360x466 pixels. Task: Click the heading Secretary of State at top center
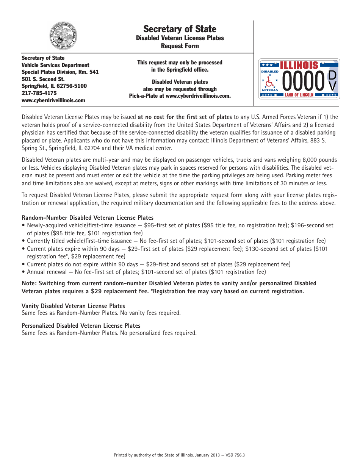click(180, 29)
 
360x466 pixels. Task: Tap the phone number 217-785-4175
click(39, 93)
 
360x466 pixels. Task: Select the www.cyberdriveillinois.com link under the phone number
click(53, 100)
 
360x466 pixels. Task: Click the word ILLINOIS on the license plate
click(299, 65)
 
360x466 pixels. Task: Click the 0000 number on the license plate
click(304, 81)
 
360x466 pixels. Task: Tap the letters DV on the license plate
click(332, 81)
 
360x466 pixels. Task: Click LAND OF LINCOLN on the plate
click(299, 95)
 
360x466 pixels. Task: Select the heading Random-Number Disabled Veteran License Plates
click(88, 218)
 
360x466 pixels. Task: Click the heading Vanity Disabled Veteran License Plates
click(73, 306)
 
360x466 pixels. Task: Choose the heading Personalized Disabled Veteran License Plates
click(81, 326)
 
